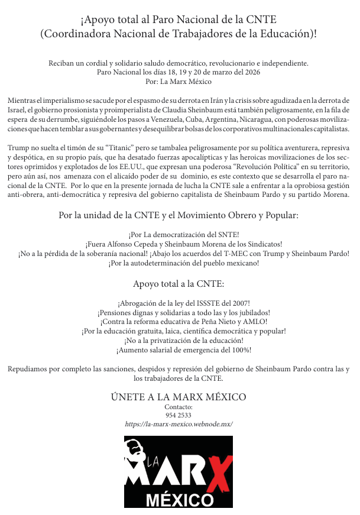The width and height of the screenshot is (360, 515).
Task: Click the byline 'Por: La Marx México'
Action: (x=179, y=82)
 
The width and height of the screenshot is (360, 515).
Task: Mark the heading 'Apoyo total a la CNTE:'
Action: (x=179, y=284)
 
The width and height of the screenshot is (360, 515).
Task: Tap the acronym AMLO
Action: (x=252, y=322)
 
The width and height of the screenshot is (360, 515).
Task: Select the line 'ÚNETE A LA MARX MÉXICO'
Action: (x=179, y=397)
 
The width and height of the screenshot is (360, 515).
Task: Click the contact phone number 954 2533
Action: (x=179, y=416)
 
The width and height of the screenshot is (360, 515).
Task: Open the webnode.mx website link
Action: (x=179, y=425)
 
